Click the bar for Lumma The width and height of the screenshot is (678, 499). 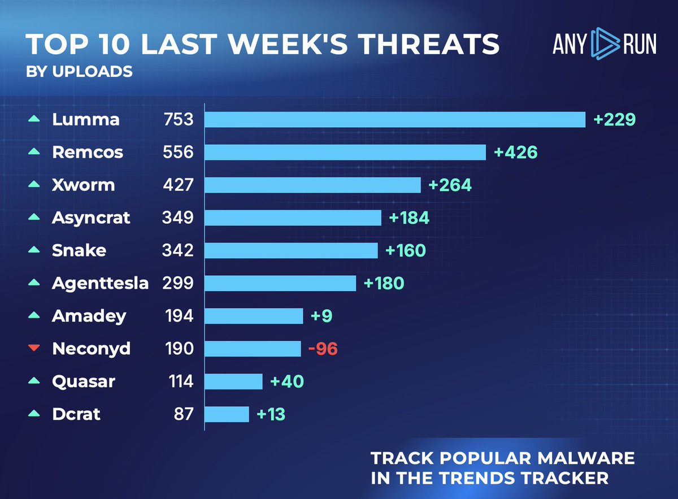pyautogui.click(x=394, y=119)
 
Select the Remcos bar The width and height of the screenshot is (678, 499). pyautogui.click(x=345, y=152)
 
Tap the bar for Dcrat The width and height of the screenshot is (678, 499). pyautogui.click(x=226, y=414)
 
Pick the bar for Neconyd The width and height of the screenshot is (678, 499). pyautogui.click(x=253, y=349)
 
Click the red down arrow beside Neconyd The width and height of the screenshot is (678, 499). pyautogui.click(x=34, y=349)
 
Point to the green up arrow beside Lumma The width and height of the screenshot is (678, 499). pyautogui.click(x=34, y=119)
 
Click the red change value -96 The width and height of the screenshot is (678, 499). pyautogui.click(x=323, y=349)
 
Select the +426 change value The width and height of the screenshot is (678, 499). pyautogui.click(x=515, y=152)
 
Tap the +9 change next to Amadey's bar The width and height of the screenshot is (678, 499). pyautogui.click(x=321, y=316)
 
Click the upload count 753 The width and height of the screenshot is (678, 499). pyautogui.click(x=177, y=119)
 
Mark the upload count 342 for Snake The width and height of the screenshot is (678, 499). pyautogui.click(x=177, y=250)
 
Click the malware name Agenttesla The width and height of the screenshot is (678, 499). pyautogui.click(x=100, y=283)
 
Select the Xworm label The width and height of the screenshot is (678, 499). pyautogui.click(x=83, y=185)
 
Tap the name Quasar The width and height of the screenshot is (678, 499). pyautogui.click(x=83, y=381)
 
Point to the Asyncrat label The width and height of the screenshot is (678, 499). pyautogui.click(x=91, y=218)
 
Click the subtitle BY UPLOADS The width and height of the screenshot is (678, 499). pyautogui.click(x=79, y=72)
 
